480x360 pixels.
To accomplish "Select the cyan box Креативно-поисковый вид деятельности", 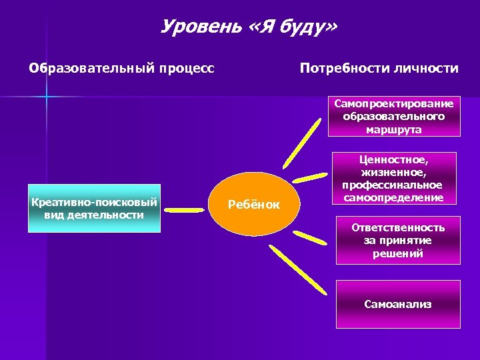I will click(x=95, y=208).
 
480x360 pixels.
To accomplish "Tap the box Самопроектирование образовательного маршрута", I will click(x=393, y=116).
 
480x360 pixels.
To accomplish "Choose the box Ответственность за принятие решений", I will click(x=398, y=241).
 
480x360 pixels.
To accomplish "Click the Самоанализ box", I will click(x=398, y=304).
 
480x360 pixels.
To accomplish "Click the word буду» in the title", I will click(x=306, y=27).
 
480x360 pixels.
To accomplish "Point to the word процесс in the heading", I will click(x=185, y=69).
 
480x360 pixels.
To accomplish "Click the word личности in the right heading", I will click(x=429, y=69).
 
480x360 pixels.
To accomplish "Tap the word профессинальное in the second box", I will click(x=392, y=185).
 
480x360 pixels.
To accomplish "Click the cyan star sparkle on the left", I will click(x=46, y=97).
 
